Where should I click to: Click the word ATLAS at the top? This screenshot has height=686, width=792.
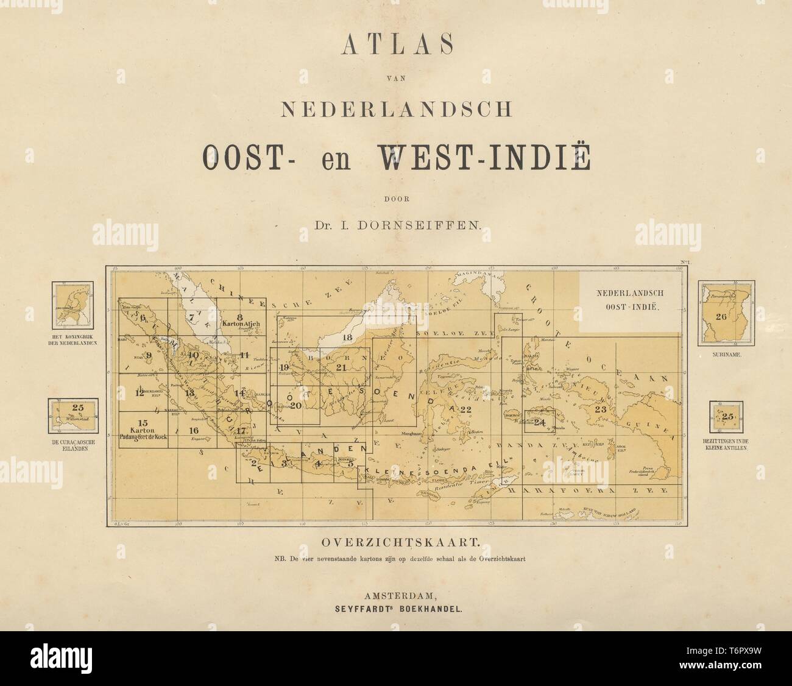395,46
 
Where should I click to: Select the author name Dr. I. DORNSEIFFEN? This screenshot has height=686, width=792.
395,225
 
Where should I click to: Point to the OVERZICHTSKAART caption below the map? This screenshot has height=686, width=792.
395,540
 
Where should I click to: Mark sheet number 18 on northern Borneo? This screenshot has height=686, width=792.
348,337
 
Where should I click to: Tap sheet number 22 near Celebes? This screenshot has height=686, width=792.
467,409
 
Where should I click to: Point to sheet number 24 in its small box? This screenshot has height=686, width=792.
539,422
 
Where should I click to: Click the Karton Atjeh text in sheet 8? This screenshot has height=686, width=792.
239,324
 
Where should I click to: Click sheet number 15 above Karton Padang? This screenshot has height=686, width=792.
143,423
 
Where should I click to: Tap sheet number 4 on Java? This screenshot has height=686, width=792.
317,463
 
